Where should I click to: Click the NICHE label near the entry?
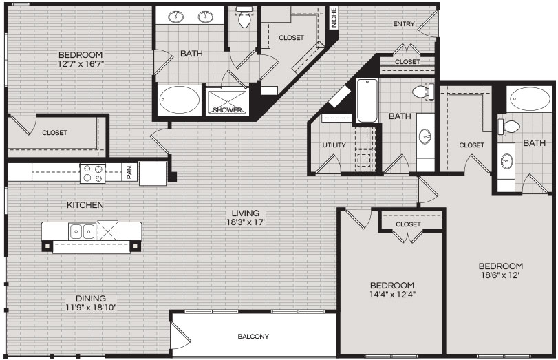(334, 18)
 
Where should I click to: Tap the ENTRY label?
(404, 24)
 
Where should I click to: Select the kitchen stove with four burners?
(92, 173)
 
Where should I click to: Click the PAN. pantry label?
(129, 171)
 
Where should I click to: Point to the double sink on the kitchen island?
(82, 231)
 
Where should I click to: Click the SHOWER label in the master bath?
(228, 110)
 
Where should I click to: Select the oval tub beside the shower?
(180, 100)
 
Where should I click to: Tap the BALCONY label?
(253, 336)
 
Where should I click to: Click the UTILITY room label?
(334, 145)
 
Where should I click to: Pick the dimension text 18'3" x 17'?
(246, 222)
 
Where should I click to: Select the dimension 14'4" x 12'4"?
(392, 295)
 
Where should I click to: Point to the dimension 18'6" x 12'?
(500, 275)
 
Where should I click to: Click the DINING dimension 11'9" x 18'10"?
(91, 307)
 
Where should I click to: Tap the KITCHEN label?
(85, 205)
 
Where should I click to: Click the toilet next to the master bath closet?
(244, 19)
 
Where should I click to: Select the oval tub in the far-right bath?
(530, 99)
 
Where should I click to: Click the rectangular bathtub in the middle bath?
(367, 100)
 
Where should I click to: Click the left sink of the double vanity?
(176, 17)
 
